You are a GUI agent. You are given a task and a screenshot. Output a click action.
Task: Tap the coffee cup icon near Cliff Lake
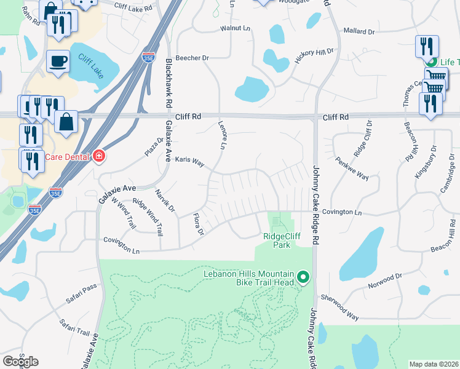pyautogui.click(x=58, y=61)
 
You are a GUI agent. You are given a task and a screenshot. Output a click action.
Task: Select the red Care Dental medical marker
pyautogui.click(x=97, y=157)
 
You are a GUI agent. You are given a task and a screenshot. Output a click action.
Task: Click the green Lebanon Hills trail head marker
pyautogui.click(x=303, y=277)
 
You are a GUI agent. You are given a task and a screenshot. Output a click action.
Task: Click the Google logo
pyautogui.click(x=20, y=362)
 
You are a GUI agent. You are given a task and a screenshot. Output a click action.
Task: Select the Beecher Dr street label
pyautogui.click(x=192, y=58)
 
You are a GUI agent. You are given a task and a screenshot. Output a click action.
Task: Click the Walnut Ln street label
pyautogui.click(x=236, y=29)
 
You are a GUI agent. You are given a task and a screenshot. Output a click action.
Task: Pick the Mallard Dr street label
pyautogui.click(x=359, y=31)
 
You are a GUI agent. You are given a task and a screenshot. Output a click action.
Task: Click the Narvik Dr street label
pyautogui.click(x=164, y=201)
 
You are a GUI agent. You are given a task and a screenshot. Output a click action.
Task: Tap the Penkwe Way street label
pyautogui.click(x=352, y=169)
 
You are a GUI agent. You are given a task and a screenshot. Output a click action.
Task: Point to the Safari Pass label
pyautogui.click(x=82, y=295)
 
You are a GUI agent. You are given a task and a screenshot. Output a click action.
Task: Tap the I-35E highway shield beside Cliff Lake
pyautogui.click(x=148, y=57)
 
